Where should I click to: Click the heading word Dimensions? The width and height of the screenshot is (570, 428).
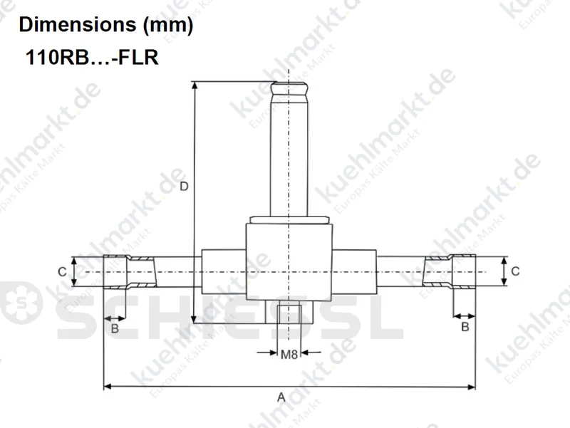point(78,25)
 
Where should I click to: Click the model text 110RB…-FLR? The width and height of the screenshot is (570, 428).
point(92,58)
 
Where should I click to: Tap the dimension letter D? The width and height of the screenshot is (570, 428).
point(185,187)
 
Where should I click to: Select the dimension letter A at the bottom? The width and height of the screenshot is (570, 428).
point(281,397)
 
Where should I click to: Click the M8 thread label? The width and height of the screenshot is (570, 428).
point(289,354)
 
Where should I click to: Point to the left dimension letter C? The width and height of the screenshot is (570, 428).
point(62,272)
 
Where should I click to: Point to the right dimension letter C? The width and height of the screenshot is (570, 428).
point(515,271)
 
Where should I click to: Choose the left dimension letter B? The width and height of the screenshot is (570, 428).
point(115,329)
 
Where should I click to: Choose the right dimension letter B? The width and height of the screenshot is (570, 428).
point(465,327)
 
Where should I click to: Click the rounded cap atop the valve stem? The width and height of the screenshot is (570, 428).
point(289,89)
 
